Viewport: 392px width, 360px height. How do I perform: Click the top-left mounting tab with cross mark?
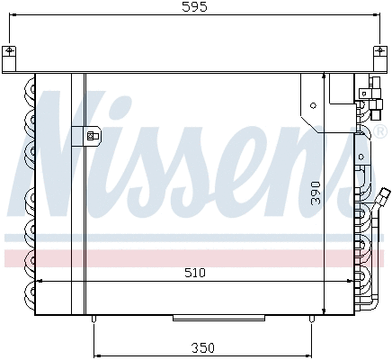click(x=9, y=51)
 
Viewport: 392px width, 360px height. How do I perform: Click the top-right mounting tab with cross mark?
click(x=383, y=51)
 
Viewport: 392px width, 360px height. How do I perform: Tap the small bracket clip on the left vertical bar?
click(x=91, y=137)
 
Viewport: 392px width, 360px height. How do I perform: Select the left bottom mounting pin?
click(x=94, y=319)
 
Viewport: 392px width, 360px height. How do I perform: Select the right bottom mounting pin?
click(x=313, y=319)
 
